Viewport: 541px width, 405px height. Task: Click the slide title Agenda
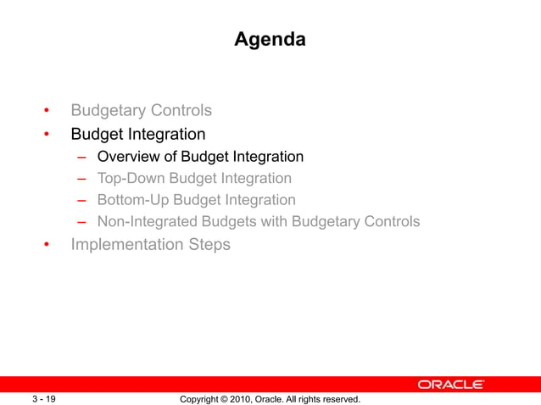tap(270, 39)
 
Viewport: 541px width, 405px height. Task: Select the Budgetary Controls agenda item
tap(141, 111)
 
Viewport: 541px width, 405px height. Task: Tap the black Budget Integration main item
tap(137, 134)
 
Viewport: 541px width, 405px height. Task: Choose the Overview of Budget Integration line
tap(200, 157)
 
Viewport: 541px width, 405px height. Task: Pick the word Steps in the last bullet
tap(209, 245)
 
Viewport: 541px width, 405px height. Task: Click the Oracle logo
tap(450, 385)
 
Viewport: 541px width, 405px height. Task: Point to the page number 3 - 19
tap(44, 398)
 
